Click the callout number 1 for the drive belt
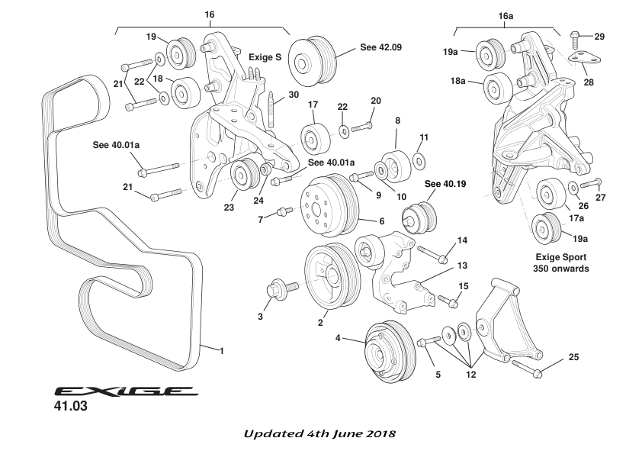point(221,351)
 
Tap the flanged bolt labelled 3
point(275,290)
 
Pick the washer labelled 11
point(419,161)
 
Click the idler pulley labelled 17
point(313,140)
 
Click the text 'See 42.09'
point(380,47)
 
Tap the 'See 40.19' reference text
point(443,184)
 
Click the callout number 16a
point(506,14)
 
